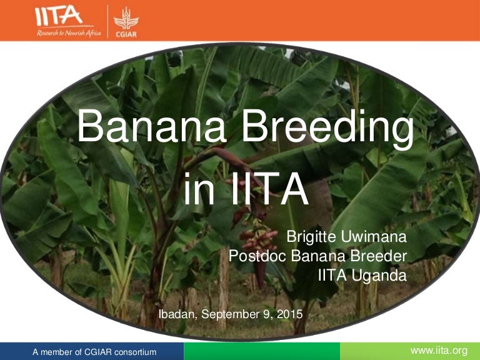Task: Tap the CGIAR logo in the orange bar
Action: pos(126,20)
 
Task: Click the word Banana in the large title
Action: pos(152,126)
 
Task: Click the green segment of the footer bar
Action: pos(262,351)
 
